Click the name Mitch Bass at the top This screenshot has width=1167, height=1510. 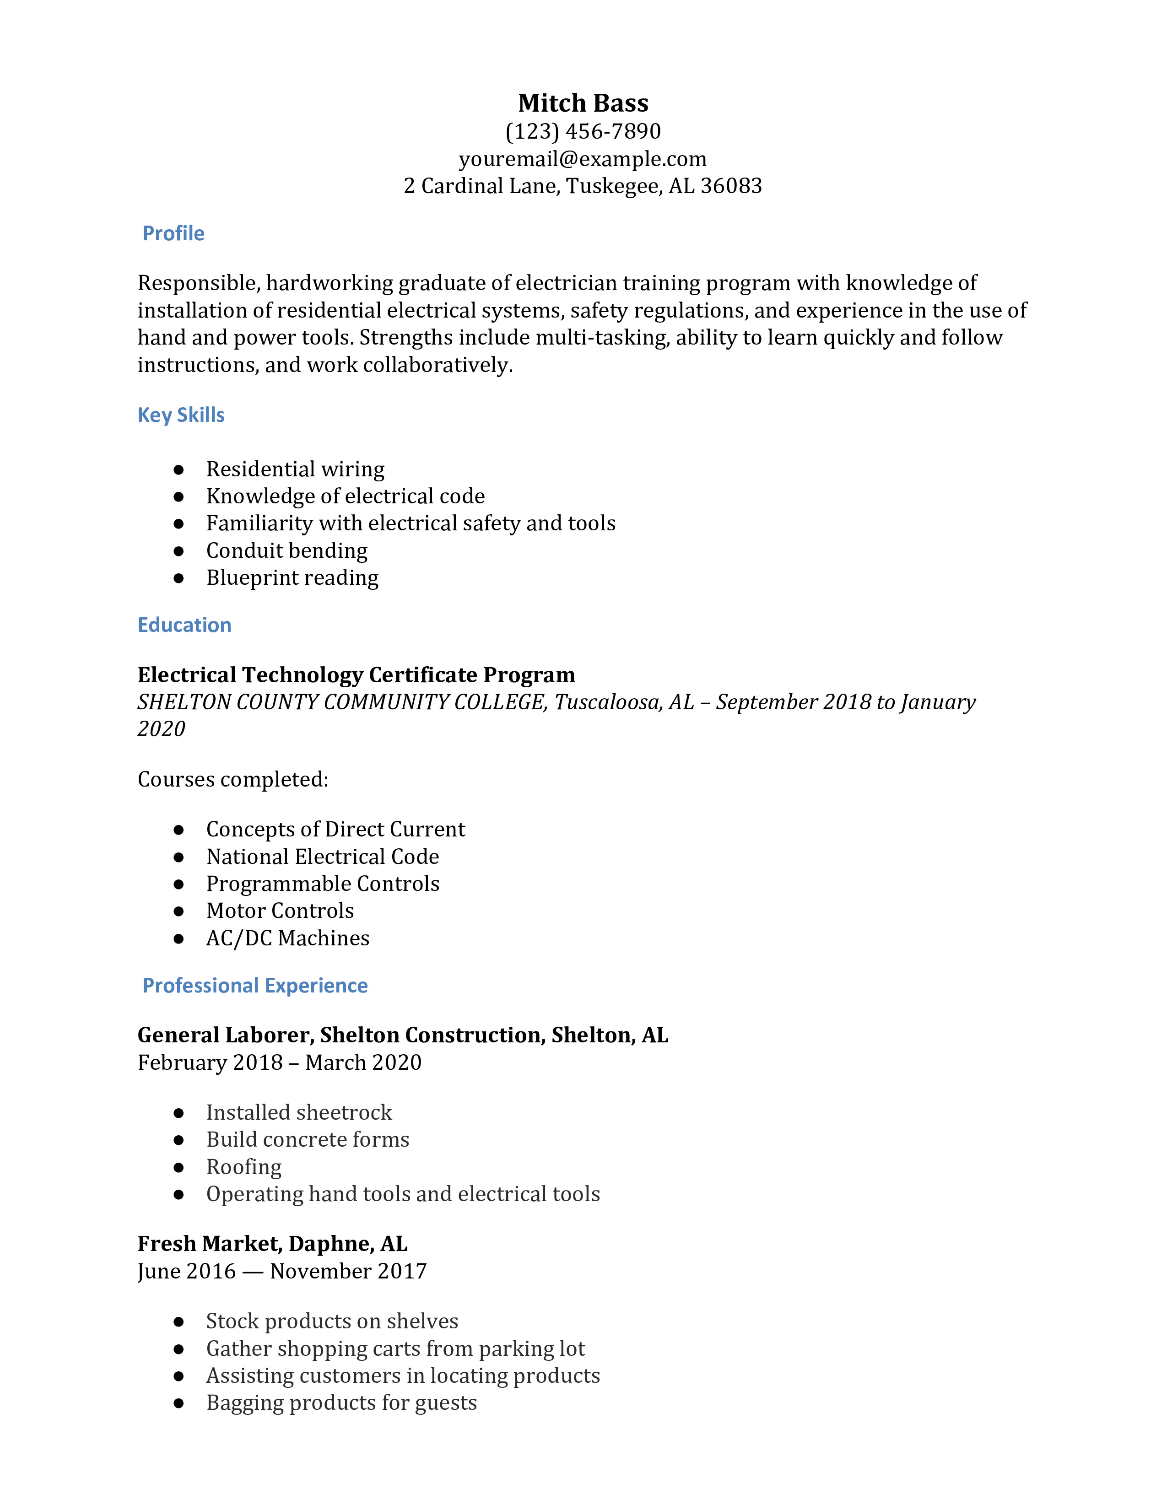pos(583,103)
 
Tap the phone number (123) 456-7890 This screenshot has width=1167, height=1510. pos(583,131)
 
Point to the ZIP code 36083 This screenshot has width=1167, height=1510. pos(731,186)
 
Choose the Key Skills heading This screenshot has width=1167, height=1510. pos(181,415)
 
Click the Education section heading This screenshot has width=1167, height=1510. pos(184,625)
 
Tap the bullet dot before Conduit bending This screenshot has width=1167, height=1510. pos(179,551)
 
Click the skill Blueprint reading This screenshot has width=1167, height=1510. pos(292,578)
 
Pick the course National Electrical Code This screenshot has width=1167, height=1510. pos(322,857)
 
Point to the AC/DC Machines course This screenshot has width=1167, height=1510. pos(287,938)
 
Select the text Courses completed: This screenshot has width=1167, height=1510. pos(233,779)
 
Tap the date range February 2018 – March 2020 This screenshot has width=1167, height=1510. pos(279,1062)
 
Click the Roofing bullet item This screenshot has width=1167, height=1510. pos(244,1167)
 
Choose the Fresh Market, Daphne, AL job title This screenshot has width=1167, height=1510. pos(272,1244)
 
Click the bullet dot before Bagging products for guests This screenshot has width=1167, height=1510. pos(179,1403)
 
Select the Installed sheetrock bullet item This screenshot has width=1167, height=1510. pos(299,1112)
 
